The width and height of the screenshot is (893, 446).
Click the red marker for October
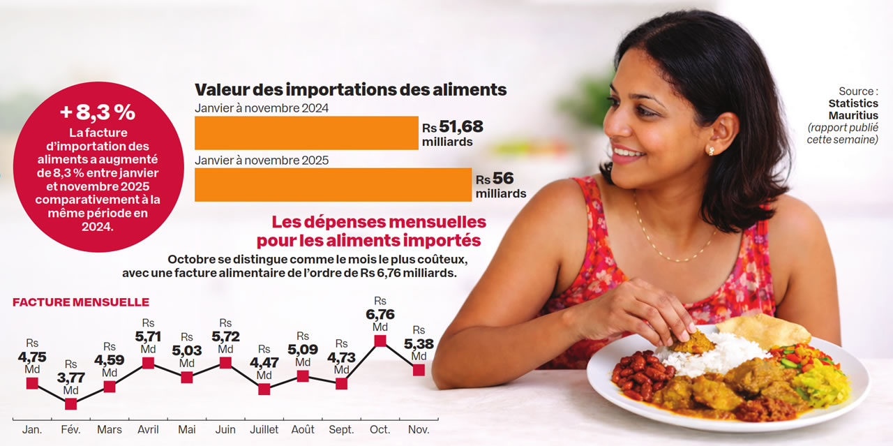click(x=380, y=341)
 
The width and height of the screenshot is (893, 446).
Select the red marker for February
click(x=70, y=403)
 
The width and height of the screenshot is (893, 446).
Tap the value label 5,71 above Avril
click(x=148, y=336)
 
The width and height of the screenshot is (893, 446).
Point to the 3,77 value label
click(x=70, y=377)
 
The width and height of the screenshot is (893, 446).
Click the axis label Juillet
click(x=264, y=429)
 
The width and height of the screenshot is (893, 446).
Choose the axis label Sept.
click(x=341, y=429)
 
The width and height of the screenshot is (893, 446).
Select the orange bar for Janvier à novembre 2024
click(x=306, y=133)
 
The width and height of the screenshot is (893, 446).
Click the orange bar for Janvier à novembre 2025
click(x=333, y=184)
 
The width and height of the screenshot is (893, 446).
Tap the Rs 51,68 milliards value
click(x=453, y=133)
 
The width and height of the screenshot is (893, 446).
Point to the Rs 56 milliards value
click(x=500, y=185)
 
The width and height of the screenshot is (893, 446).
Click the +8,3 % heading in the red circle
click(x=98, y=112)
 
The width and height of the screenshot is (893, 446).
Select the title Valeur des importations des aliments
click(x=350, y=89)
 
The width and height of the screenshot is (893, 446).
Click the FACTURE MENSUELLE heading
click(x=81, y=302)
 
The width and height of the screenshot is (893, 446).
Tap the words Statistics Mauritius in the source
click(x=853, y=110)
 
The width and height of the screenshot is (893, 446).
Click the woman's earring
click(x=710, y=150)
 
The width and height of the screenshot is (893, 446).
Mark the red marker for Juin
click(x=225, y=362)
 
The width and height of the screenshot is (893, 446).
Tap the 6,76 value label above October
click(x=380, y=314)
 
